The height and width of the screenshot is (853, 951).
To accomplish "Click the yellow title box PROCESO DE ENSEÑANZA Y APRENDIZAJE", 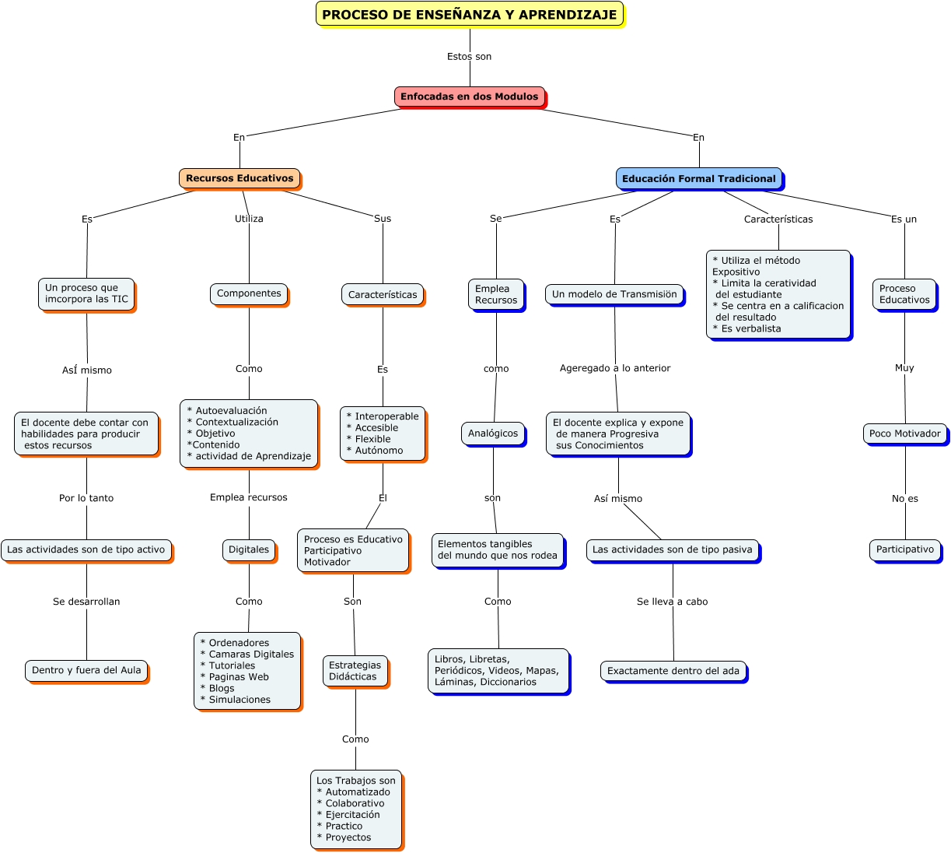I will (x=469, y=14).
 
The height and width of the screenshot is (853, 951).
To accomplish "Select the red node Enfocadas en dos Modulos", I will (x=469, y=97).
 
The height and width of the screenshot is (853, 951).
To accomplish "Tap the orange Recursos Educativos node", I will (x=239, y=178).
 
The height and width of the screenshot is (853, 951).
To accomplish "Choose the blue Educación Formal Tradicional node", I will (x=698, y=178).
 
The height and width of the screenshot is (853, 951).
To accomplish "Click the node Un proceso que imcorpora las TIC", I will (x=86, y=294).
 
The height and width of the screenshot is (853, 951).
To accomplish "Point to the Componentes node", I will (x=249, y=293).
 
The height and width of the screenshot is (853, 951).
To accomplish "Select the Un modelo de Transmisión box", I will (x=614, y=294).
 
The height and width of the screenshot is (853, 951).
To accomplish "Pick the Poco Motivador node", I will (x=904, y=434).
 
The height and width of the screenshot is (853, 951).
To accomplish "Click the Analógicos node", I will (x=493, y=434).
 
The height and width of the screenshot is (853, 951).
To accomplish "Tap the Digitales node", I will (x=249, y=549).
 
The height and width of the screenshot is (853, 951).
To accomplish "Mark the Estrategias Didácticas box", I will (x=355, y=671).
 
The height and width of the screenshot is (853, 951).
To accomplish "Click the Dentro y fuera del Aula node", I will (x=86, y=670).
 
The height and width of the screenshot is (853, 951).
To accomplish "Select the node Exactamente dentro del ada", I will (x=673, y=671).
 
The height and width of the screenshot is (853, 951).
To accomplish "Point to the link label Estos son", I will (x=469, y=57).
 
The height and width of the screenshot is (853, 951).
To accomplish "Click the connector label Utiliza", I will (x=249, y=219).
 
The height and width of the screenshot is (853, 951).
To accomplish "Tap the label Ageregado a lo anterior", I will (x=614, y=368).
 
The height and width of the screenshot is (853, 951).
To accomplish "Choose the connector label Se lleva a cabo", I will (x=672, y=602).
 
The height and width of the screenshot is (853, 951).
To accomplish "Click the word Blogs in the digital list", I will (x=221, y=689).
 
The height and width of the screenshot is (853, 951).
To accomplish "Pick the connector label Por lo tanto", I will (x=86, y=498).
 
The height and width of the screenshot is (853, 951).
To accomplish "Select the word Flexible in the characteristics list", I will (x=372, y=439).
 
